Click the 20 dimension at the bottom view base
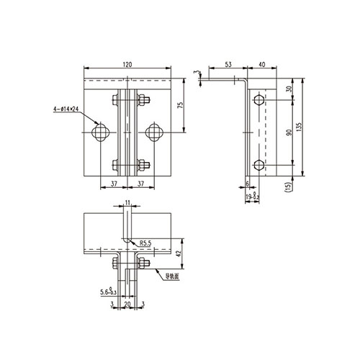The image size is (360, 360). (x=127, y=305)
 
